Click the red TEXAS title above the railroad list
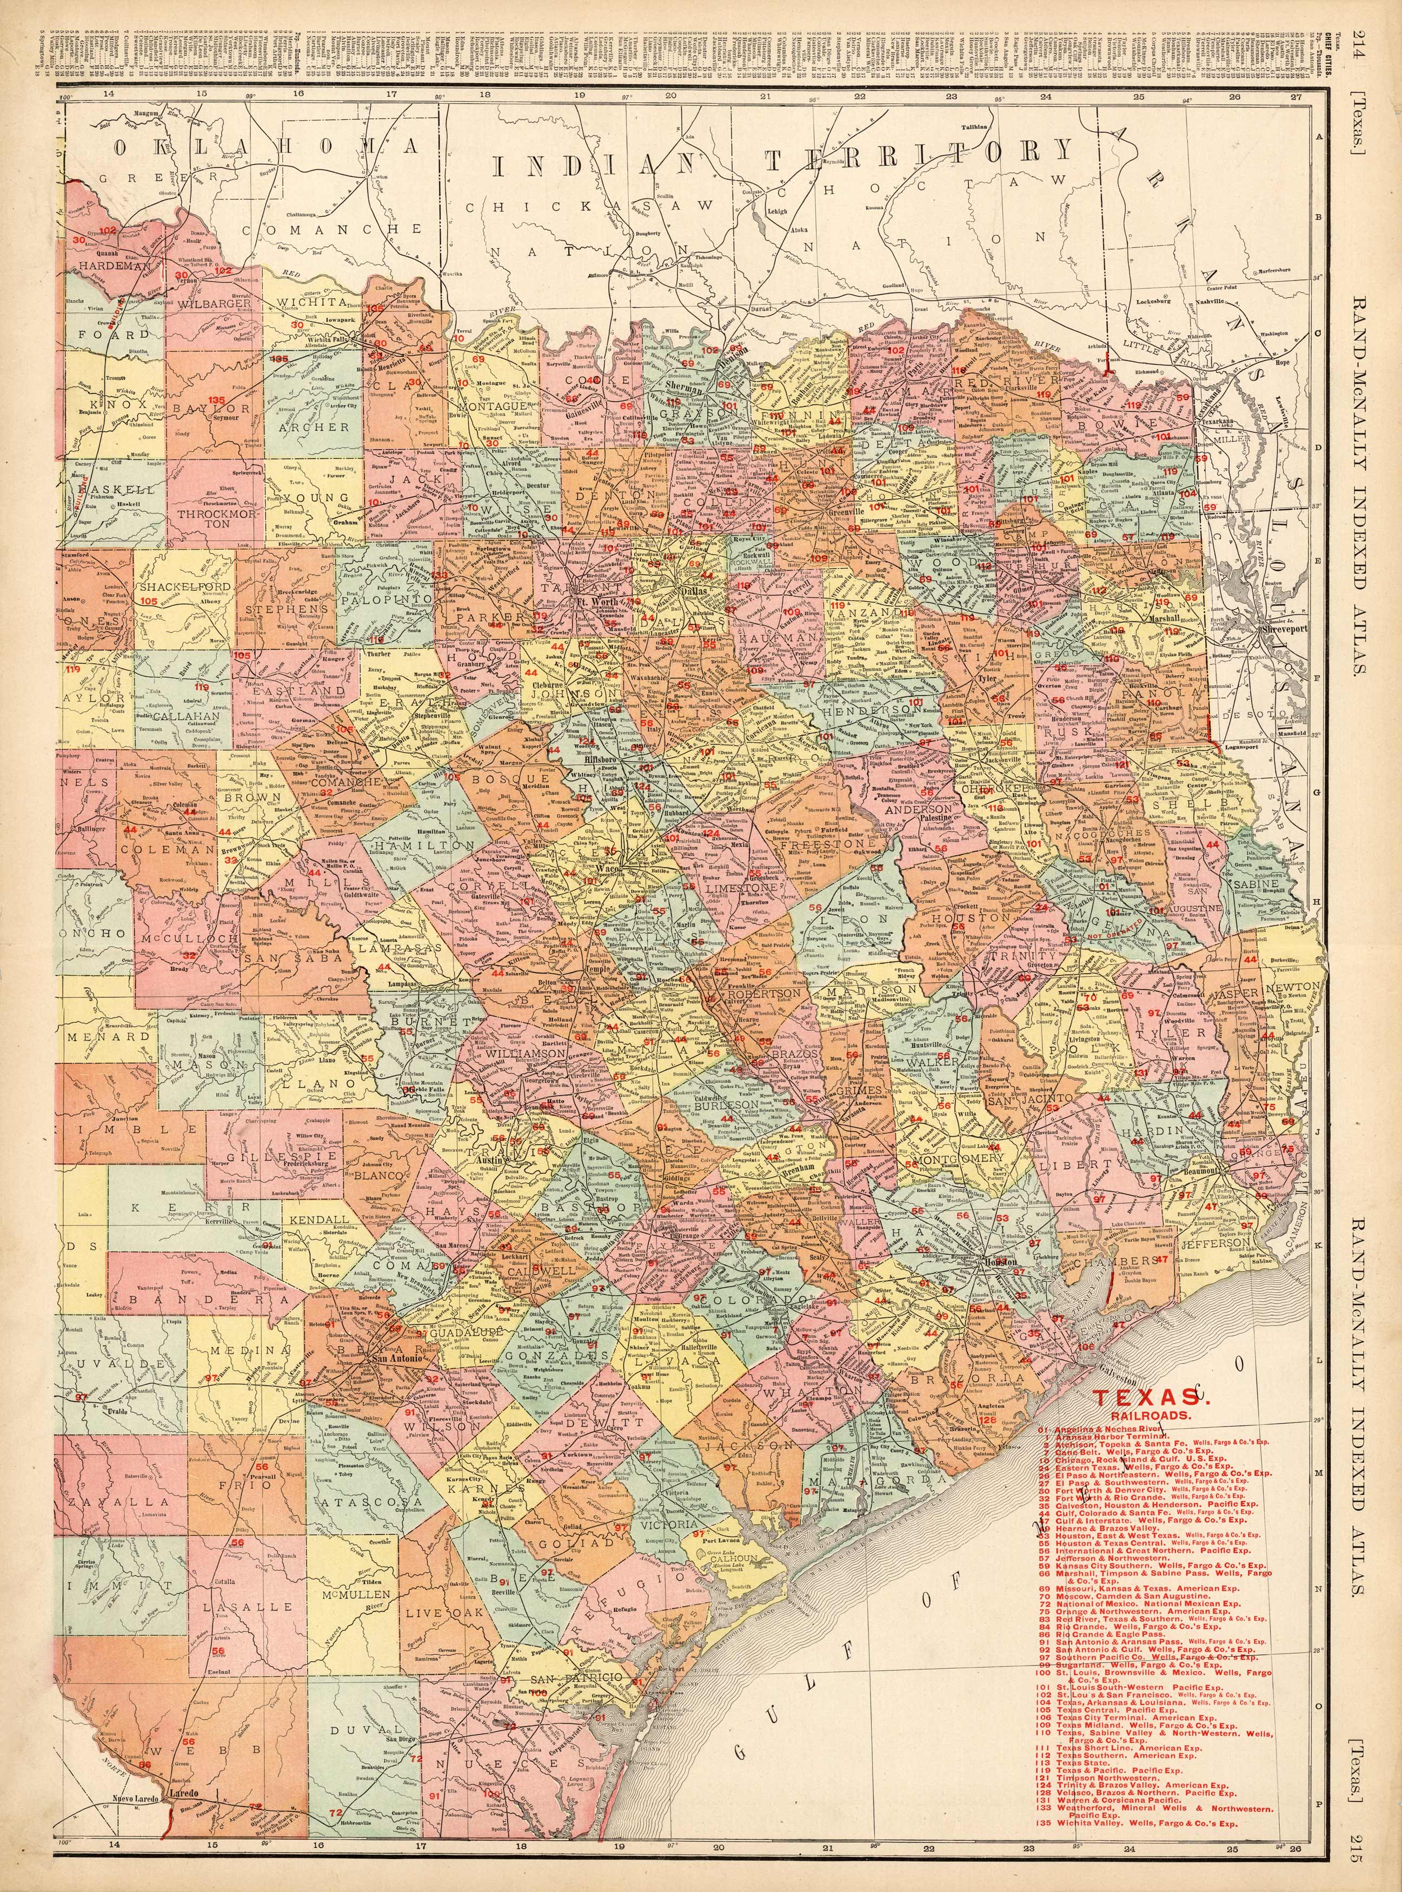click(1144, 1396)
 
